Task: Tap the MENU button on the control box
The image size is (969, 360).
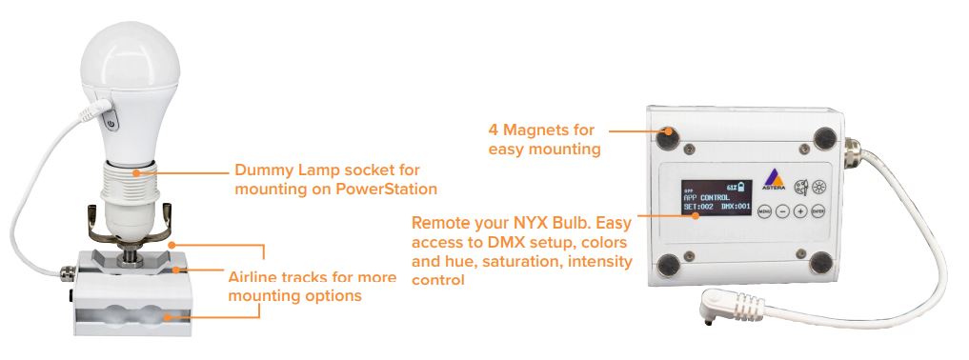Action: [764, 211]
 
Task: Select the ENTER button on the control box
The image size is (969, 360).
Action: [817, 211]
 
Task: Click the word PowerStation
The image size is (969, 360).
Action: [388, 189]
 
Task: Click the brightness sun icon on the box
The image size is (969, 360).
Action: [819, 187]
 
